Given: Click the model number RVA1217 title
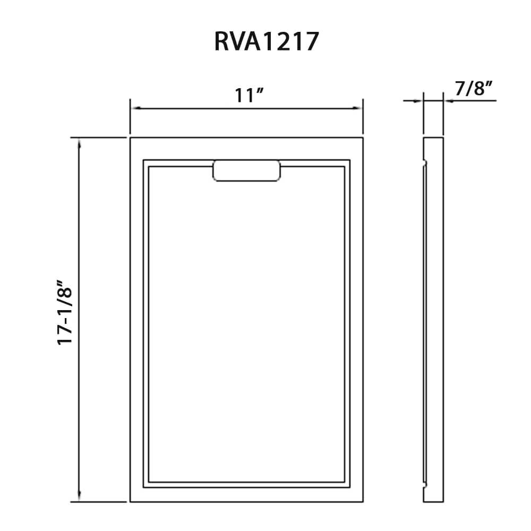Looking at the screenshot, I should click(x=266, y=41).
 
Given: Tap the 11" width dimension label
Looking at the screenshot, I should click(x=250, y=96).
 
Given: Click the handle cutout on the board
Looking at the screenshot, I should click(x=246, y=170).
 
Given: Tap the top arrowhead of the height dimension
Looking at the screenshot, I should click(x=79, y=142).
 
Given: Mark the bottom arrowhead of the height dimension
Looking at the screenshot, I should click(x=79, y=498).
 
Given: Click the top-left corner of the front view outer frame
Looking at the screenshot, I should click(x=130, y=138).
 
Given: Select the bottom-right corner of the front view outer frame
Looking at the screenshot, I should click(x=363, y=502).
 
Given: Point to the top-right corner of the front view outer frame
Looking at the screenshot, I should click(x=363, y=138).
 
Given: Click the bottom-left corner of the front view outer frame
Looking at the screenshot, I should click(x=130, y=502).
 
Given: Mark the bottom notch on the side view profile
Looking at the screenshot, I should click(x=425, y=484).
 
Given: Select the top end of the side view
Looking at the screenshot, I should click(x=433, y=138).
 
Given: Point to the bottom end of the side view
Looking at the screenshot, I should click(x=433, y=501).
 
